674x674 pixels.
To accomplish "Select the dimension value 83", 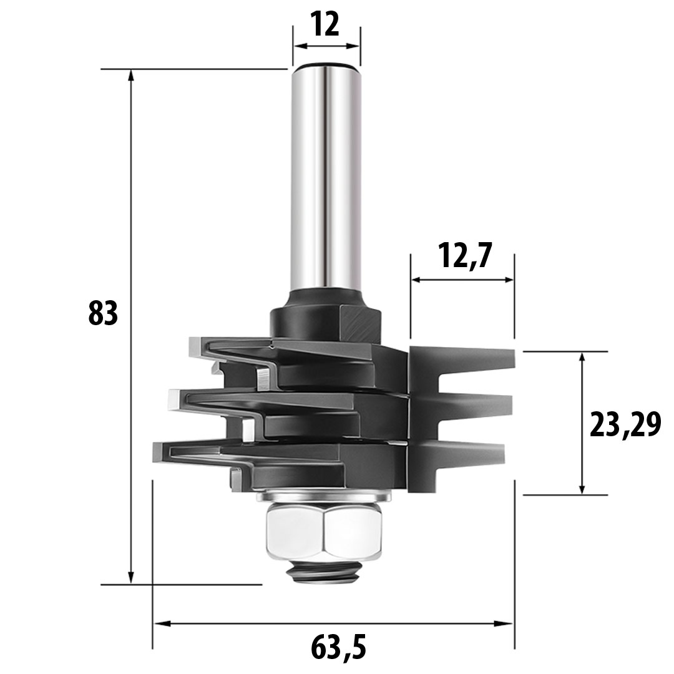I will point(103,314).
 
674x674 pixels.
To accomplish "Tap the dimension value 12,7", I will point(462,256).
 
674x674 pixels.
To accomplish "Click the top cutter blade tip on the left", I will point(195,345).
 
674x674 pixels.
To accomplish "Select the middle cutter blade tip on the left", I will point(173,398).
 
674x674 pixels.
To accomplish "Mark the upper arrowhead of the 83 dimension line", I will point(131,75).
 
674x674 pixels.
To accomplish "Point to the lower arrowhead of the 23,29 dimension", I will point(582,489).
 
